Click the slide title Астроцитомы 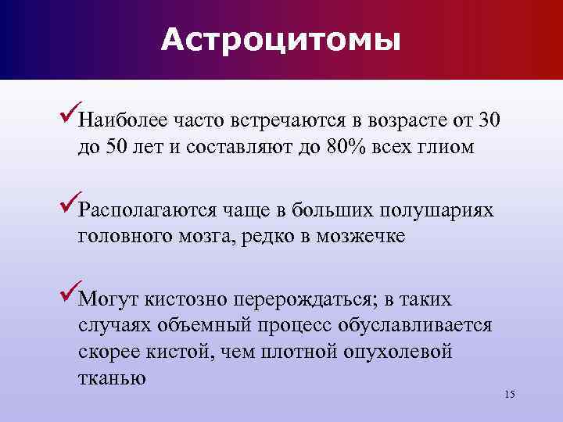coord(281,39)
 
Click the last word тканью coord(112,377)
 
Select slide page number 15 coord(510,394)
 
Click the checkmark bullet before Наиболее coord(68,119)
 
